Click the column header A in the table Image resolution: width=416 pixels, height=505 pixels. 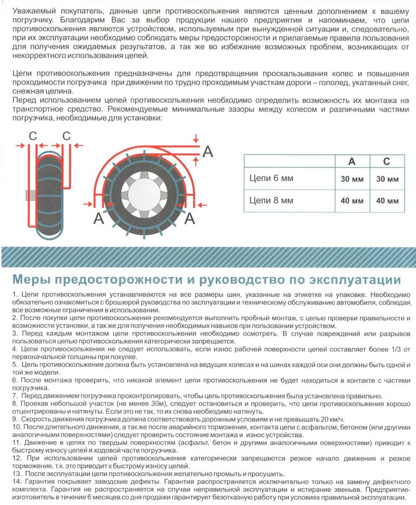352,161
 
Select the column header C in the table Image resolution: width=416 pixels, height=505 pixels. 386,161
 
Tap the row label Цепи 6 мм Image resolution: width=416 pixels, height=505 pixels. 271,179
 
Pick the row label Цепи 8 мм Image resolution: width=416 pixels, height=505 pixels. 271,200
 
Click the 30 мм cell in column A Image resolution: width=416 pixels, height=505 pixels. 352,179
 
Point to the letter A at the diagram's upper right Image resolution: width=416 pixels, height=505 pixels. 207,152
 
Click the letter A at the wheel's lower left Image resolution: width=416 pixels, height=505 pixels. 98,219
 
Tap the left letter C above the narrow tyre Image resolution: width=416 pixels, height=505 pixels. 33,136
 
